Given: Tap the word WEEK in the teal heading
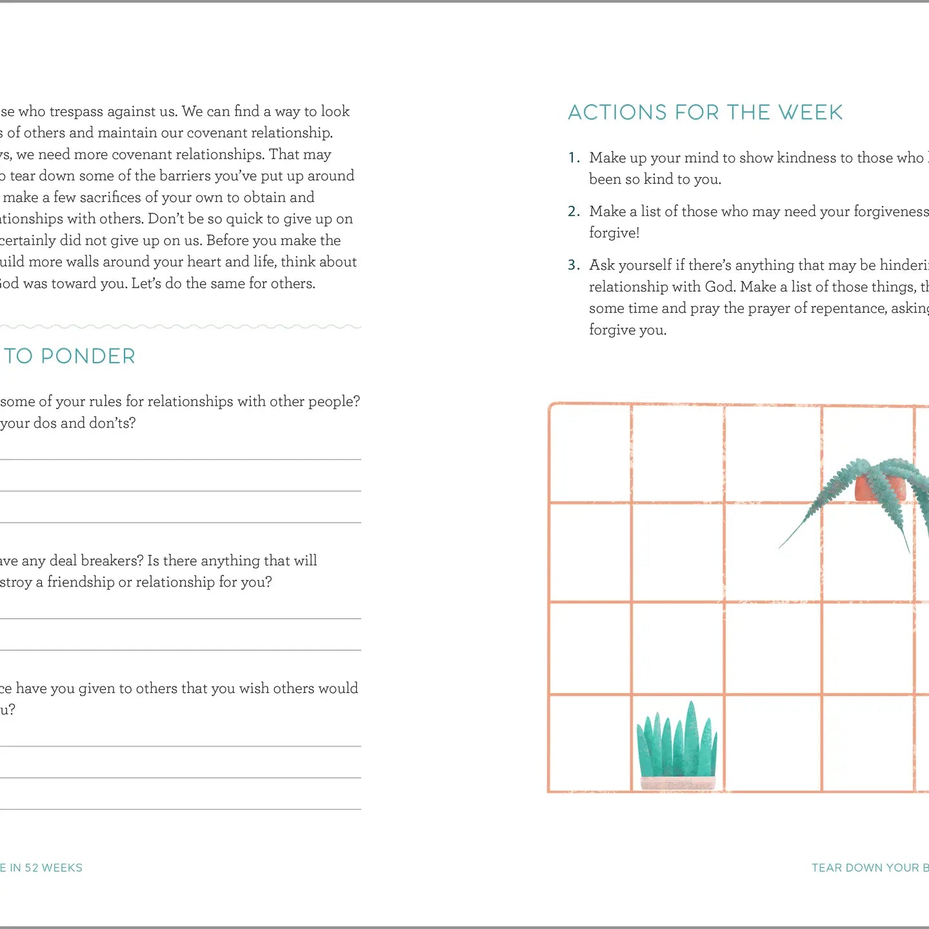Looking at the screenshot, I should [x=810, y=113].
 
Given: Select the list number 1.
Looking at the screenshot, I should [x=573, y=158].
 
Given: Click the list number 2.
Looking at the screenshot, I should [x=574, y=212].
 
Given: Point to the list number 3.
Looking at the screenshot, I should [x=574, y=265].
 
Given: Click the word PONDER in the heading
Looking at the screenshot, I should [x=88, y=356].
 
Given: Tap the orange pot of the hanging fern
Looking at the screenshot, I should [x=880, y=488].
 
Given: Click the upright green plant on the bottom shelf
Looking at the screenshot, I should [x=677, y=742].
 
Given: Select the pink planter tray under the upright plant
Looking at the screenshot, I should [x=677, y=783].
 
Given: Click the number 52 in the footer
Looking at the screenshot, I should [x=32, y=868].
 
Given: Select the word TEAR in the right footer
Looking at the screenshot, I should [x=826, y=868].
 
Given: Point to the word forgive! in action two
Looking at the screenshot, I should [x=614, y=233].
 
